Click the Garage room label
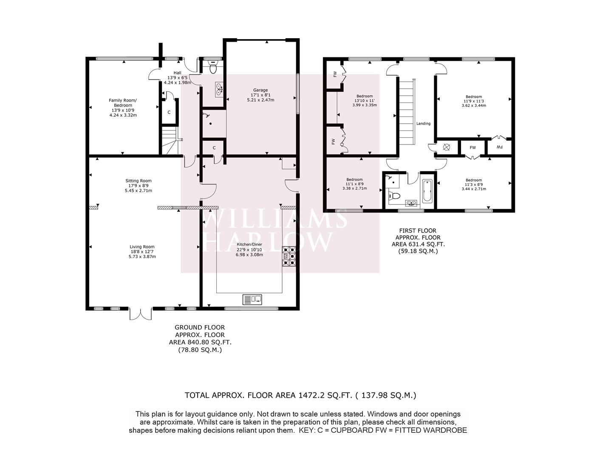click(x=260, y=90)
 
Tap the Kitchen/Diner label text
click(x=249, y=244)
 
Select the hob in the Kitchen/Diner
click(x=289, y=256)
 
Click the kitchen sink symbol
click(x=252, y=299)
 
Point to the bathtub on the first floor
click(x=427, y=191)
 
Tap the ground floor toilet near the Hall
click(x=213, y=67)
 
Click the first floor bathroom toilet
click(x=394, y=195)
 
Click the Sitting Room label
click(x=139, y=181)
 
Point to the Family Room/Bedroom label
click(x=123, y=103)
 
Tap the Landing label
click(x=424, y=123)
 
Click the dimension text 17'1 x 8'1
click(x=260, y=95)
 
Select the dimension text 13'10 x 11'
click(x=365, y=100)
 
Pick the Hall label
click(x=178, y=73)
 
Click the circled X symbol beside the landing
click(x=447, y=147)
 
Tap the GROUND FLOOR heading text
click(x=200, y=327)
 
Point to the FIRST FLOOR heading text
click(x=418, y=230)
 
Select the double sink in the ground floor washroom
click(x=219, y=89)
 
